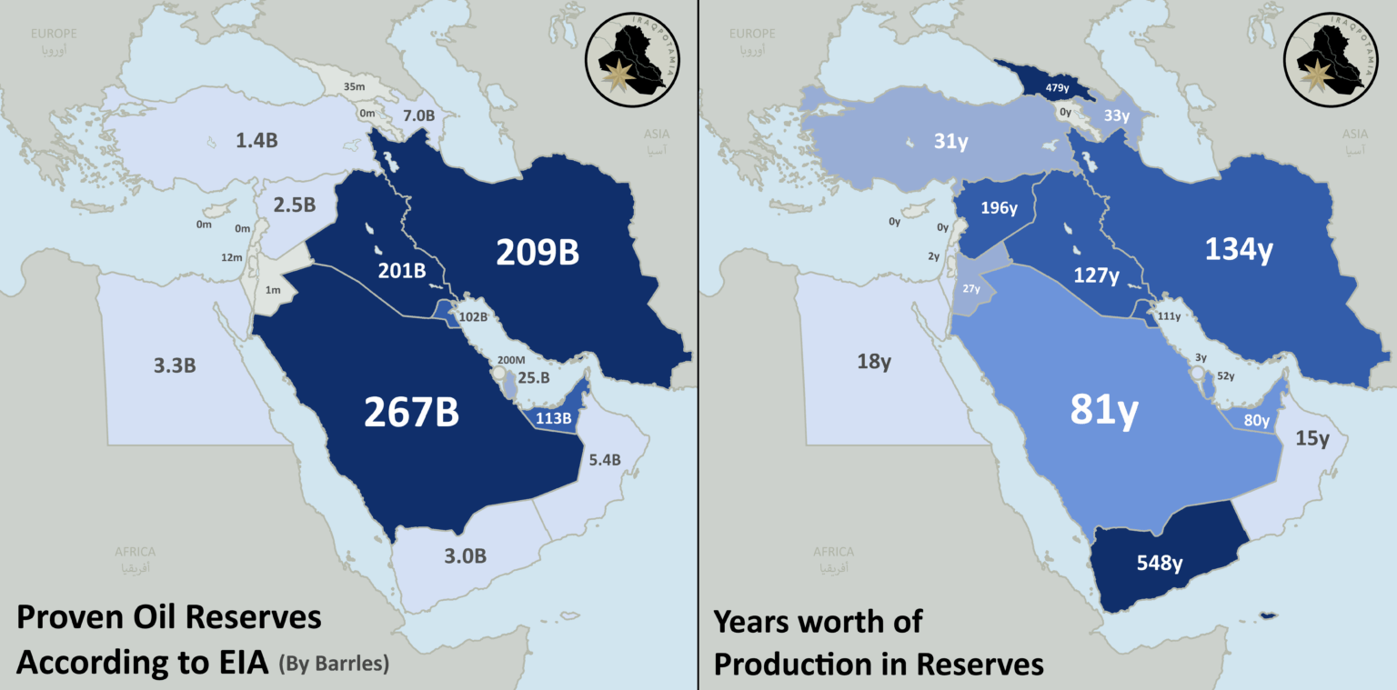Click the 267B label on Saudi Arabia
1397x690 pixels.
tap(411, 412)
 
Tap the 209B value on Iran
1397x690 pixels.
tap(537, 253)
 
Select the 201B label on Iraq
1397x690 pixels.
tap(403, 270)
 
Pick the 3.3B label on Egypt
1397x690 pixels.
tap(175, 366)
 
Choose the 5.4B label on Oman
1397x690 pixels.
tap(605, 460)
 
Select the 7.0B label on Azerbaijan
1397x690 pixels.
tap(419, 116)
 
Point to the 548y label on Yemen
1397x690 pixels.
tap(1160, 563)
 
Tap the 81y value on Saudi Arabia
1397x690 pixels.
tap(1103, 410)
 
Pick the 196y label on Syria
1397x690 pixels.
tap(999, 208)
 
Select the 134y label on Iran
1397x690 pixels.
tap(1238, 250)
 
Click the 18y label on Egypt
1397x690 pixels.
tap(873, 362)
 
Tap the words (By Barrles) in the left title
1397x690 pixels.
tap(334, 665)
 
